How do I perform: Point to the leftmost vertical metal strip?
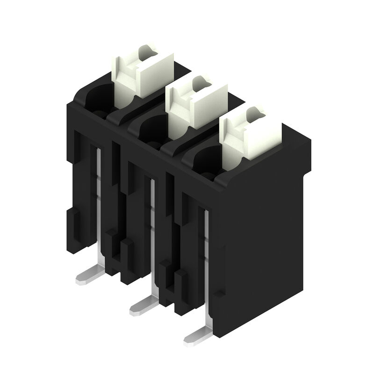click(x=99, y=196)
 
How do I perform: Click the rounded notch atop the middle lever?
click(x=198, y=80)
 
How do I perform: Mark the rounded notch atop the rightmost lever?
click(x=253, y=111)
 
